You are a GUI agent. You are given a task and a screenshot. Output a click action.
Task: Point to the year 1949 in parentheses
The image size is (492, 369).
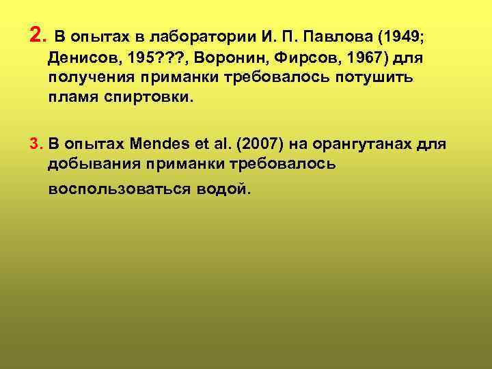pyautogui.click(x=407, y=36)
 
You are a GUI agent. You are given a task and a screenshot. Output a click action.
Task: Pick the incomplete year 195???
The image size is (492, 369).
pyautogui.click(x=155, y=56)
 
